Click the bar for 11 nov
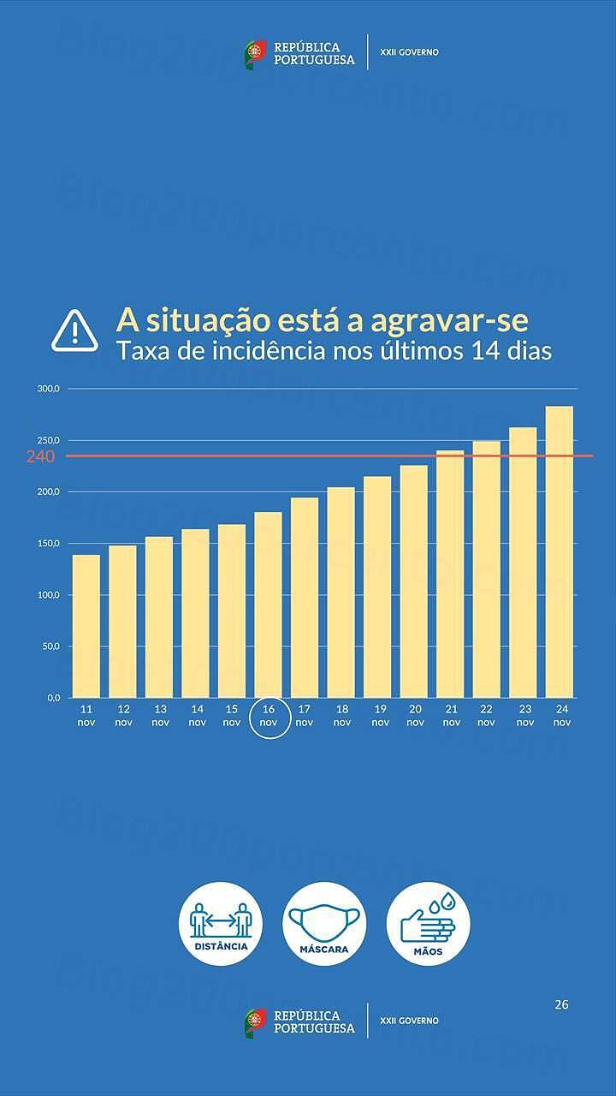[86, 626]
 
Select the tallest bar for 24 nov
[560, 551]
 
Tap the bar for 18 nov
[341, 592]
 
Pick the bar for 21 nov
[450, 574]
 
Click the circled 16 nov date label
[269, 716]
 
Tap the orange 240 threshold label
[40, 456]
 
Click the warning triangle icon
[75, 331]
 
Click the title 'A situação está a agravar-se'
[323, 321]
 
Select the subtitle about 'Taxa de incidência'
[334, 352]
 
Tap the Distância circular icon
[221, 924]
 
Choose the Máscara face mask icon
[324, 924]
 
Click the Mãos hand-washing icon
[428, 924]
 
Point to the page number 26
[561, 1004]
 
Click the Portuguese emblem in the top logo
[256, 54]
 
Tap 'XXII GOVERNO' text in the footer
[409, 1021]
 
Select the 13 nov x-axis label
[160, 716]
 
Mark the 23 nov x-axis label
[525, 716]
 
